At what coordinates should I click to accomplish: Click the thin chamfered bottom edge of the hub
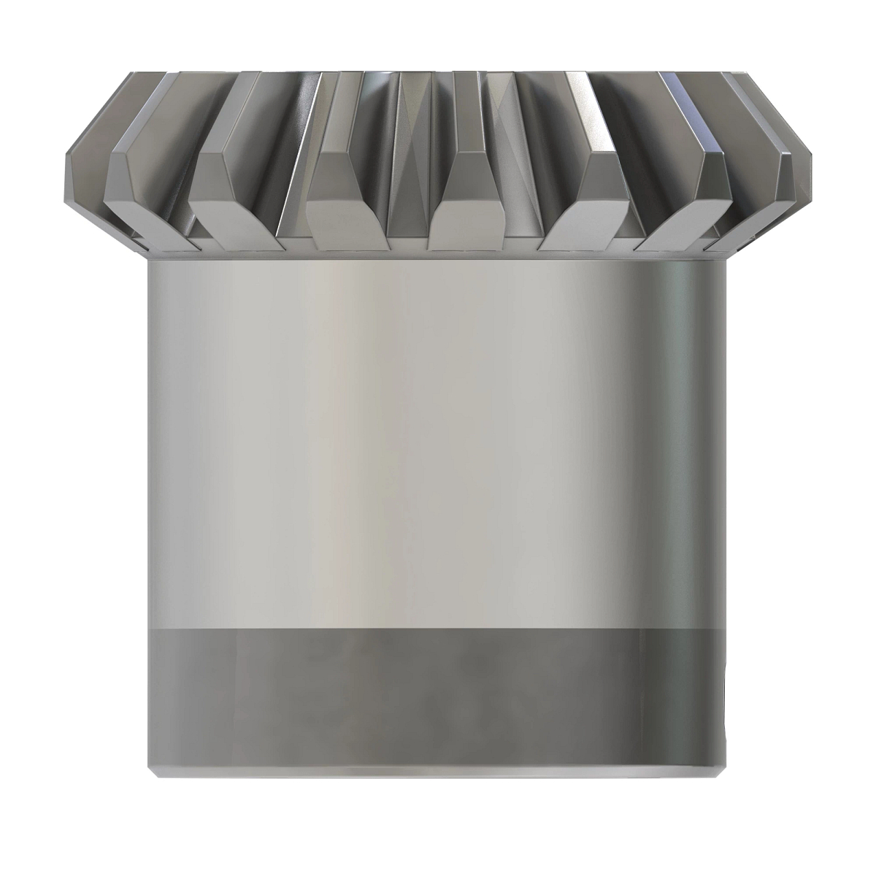click(x=438, y=774)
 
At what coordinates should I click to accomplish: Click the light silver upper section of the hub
click(x=438, y=438)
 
